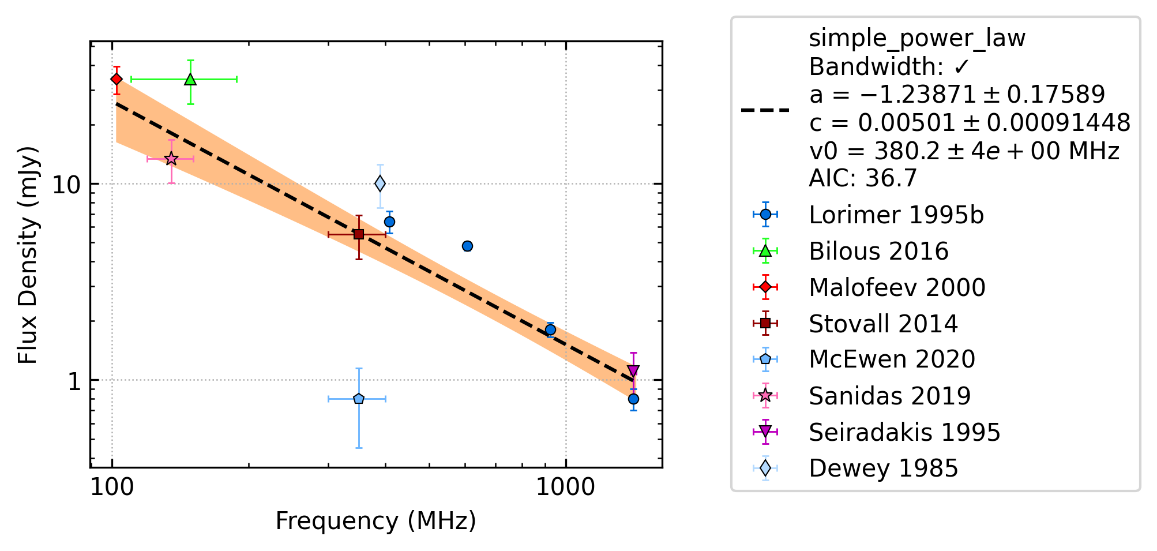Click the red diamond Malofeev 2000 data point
117,79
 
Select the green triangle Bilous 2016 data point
190,79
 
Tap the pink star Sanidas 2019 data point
171,159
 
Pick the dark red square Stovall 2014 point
359,234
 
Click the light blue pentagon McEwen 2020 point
359,399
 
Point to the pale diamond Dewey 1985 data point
380,183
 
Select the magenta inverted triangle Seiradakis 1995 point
633,370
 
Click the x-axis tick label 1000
565,488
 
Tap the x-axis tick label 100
112,488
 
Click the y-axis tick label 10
66,185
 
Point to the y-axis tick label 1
74,381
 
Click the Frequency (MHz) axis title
376,521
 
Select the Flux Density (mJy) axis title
28,254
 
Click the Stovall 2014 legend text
883,324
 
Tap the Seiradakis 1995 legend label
904,432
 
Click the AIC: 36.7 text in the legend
862,178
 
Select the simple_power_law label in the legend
917,39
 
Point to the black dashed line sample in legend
765,110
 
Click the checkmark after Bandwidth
961,67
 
